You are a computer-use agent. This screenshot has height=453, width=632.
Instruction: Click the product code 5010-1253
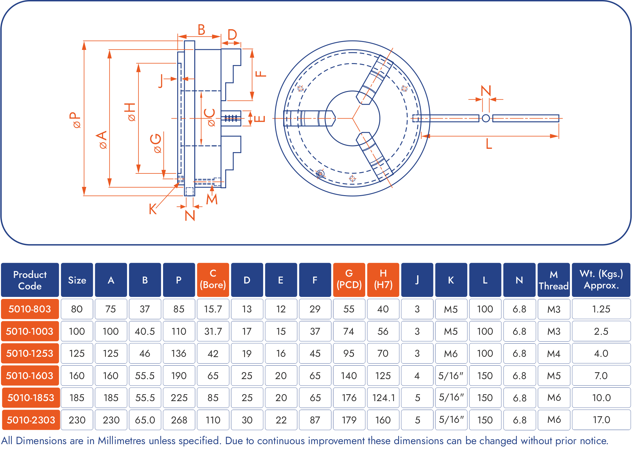tap(30, 353)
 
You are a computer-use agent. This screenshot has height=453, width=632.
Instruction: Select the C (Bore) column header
tap(213, 280)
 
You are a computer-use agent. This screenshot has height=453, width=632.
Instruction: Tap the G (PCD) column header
tap(349, 280)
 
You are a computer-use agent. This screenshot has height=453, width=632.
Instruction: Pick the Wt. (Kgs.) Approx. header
tap(601, 280)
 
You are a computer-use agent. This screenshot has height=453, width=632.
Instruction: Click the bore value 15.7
tap(213, 309)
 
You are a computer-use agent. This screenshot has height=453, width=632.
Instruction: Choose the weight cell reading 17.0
tap(601, 420)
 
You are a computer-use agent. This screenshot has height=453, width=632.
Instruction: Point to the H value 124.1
tap(383, 398)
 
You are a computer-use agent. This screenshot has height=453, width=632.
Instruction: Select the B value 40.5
tap(145, 331)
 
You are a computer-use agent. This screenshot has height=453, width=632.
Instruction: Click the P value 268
tap(179, 420)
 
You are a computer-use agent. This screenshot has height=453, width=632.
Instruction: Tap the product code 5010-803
tap(30, 309)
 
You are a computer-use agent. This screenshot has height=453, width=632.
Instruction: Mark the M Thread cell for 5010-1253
tap(554, 353)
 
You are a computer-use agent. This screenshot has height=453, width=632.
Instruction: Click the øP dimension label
tap(75, 120)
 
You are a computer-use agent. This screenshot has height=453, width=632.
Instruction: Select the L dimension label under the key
tap(489, 144)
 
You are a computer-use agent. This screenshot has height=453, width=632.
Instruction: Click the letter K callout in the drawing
tap(153, 209)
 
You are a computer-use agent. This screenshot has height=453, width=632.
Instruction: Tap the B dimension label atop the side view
tap(201, 30)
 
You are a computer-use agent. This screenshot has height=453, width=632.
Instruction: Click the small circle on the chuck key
tap(486, 118)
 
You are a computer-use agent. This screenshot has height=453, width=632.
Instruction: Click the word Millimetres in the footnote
tap(122, 441)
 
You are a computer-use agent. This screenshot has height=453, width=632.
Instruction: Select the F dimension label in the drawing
tap(261, 74)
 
